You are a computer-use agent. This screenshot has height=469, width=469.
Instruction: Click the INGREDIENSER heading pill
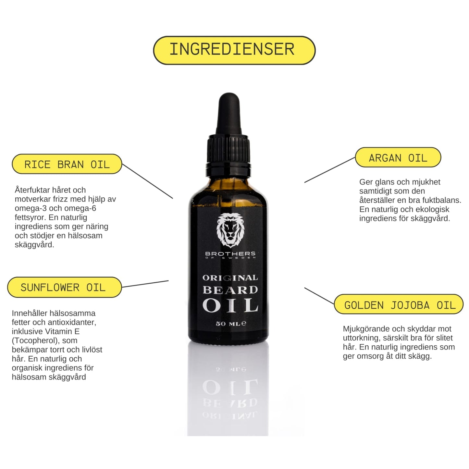pyautogui.click(x=234, y=50)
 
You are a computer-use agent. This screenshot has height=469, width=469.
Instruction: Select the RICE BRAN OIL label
pyautogui.click(x=67, y=164)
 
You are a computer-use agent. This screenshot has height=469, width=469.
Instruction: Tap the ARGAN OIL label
pyautogui.click(x=398, y=158)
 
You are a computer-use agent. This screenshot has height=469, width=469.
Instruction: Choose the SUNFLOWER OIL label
pyautogui.click(x=64, y=287)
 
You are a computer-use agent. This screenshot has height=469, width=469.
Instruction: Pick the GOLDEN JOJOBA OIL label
pyautogui.click(x=399, y=305)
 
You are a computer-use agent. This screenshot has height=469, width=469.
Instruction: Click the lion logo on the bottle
pyautogui.click(x=230, y=231)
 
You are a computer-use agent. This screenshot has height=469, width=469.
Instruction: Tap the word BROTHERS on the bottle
pyautogui.click(x=230, y=253)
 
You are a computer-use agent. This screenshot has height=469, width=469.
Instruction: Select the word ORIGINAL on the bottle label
pyautogui.click(x=230, y=278)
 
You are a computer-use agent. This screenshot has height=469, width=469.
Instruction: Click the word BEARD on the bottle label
pyautogui.click(x=230, y=290)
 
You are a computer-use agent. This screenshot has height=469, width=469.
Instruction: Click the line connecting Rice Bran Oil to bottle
pyautogui.click(x=147, y=181)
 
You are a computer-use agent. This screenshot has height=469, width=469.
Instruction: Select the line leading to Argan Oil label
pyautogui.click(x=330, y=170)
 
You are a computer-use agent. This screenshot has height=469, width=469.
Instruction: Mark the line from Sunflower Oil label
pyautogui.click(x=145, y=284)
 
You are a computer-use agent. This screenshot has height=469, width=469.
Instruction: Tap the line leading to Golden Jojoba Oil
pyautogui.click(x=319, y=296)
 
